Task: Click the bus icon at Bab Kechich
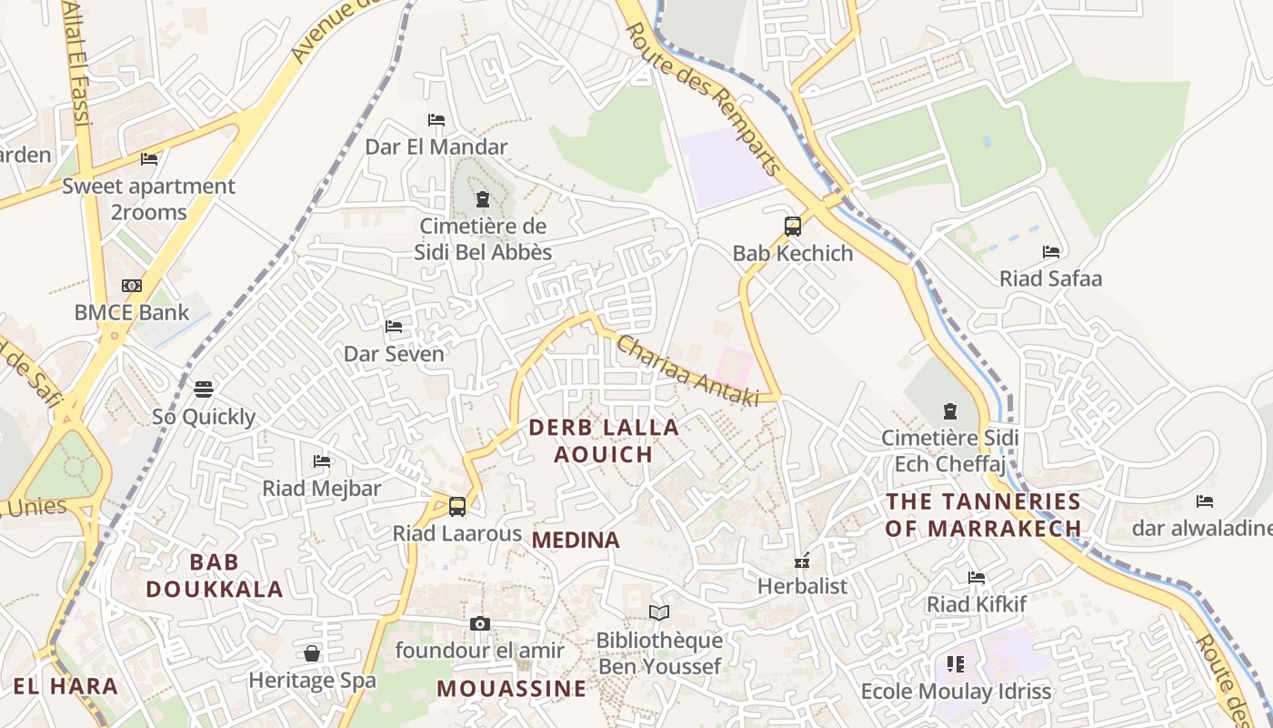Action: pyautogui.click(x=793, y=227)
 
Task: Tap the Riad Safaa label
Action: pyautogui.click(x=1050, y=278)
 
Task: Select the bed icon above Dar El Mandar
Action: pyautogui.click(x=436, y=120)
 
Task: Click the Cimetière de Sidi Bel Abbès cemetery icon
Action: pyautogui.click(x=482, y=199)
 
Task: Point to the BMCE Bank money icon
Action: pyautogui.click(x=132, y=286)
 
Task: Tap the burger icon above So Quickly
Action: pyautogui.click(x=204, y=389)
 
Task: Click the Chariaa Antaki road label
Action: pyautogui.click(x=687, y=370)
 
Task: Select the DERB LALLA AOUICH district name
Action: pyautogui.click(x=604, y=440)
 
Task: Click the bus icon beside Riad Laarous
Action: pyautogui.click(x=457, y=507)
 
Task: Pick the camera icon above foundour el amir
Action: pyautogui.click(x=480, y=624)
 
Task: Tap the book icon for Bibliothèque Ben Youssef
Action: pyautogui.click(x=659, y=613)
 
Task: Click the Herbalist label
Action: pyautogui.click(x=802, y=586)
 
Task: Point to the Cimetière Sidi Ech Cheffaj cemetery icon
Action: pyautogui.click(x=950, y=411)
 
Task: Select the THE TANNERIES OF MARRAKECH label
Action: pyautogui.click(x=984, y=515)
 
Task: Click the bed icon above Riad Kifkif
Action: pyautogui.click(x=977, y=577)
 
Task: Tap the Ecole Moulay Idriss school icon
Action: pyautogui.click(x=955, y=664)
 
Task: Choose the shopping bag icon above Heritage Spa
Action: pyautogui.click(x=312, y=653)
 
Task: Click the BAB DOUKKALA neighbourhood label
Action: pyautogui.click(x=215, y=575)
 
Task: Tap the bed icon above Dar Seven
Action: pyautogui.click(x=394, y=327)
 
